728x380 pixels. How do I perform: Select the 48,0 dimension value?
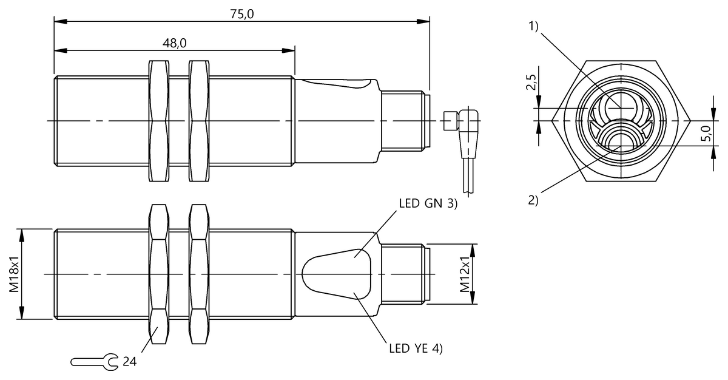[x=174, y=43]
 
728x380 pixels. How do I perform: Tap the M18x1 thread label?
[x=14, y=274]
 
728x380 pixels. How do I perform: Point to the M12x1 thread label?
[x=465, y=274]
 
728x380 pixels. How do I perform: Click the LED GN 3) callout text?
[x=428, y=204]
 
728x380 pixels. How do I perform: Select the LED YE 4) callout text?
[x=416, y=348]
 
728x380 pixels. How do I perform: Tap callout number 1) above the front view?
[x=533, y=27]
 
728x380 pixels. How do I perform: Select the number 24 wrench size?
[x=130, y=362]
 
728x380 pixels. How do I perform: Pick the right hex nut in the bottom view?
[x=200, y=274]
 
